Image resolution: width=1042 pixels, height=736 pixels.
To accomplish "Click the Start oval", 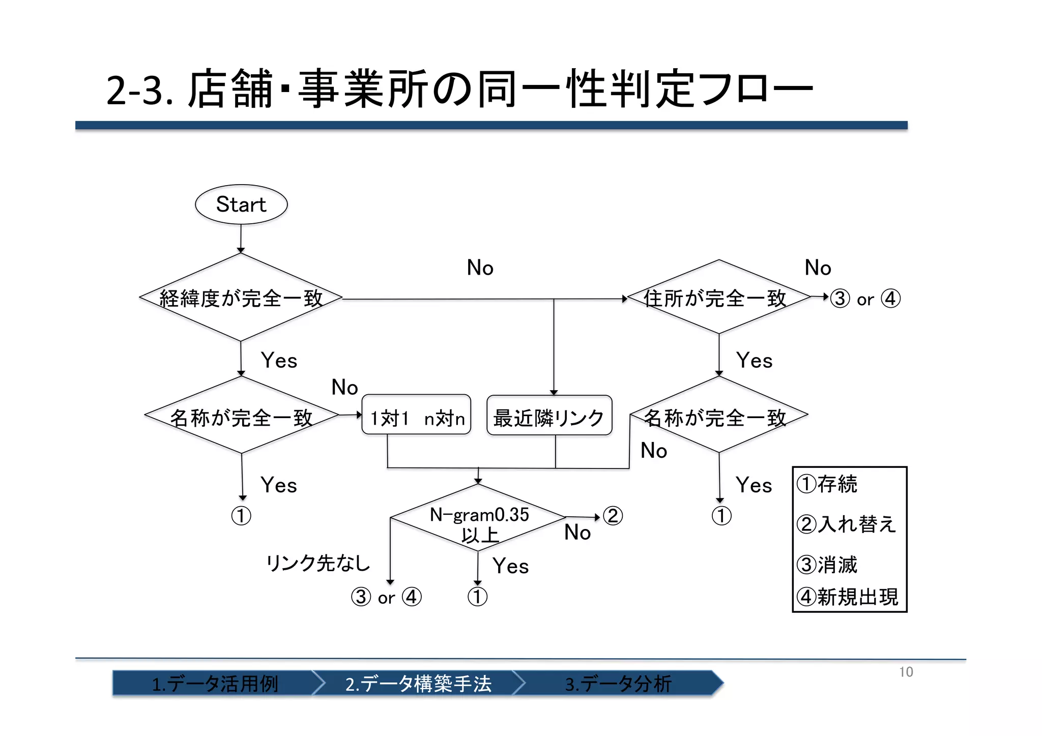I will pyautogui.click(x=241, y=204).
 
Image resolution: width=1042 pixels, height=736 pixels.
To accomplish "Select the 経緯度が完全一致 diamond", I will pyautogui.click(x=241, y=298).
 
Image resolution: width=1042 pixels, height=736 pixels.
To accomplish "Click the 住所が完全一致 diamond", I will pyautogui.click(x=718, y=298).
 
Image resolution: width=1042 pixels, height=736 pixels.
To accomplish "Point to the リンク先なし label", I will pyautogui.click(x=319, y=563).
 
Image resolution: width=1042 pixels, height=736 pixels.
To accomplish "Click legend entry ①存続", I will pyautogui.click(x=827, y=484).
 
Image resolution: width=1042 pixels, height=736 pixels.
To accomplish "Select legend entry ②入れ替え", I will pyautogui.click(x=847, y=524).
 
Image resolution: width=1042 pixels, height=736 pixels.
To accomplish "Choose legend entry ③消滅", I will pyautogui.click(x=827, y=565).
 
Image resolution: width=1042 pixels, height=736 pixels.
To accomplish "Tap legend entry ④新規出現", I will pyautogui.click(x=848, y=597).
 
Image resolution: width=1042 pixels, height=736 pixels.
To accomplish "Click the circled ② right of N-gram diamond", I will pyautogui.click(x=613, y=516).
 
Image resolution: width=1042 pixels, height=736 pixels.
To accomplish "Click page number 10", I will pyautogui.click(x=906, y=672).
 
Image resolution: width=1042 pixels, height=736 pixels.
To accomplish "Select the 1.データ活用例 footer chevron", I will pyautogui.click(x=215, y=683).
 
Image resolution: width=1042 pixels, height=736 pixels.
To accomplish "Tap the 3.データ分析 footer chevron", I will pyautogui.click(x=618, y=683).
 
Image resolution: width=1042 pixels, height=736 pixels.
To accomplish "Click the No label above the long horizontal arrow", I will pyautogui.click(x=480, y=268).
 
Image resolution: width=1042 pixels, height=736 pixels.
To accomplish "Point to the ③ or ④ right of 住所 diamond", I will pyautogui.click(x=865, y=299).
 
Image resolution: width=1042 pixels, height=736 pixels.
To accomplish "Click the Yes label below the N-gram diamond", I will pyautogui.click(x=510, y=566).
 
